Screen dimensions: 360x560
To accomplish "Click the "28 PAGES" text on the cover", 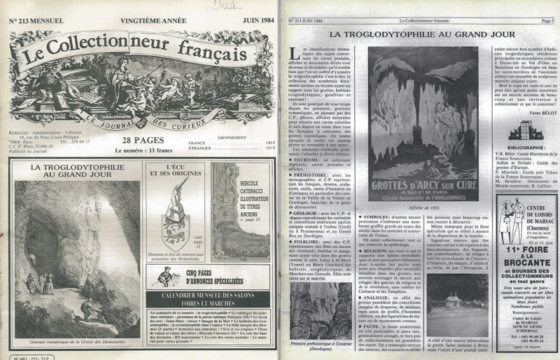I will (139, 140).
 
